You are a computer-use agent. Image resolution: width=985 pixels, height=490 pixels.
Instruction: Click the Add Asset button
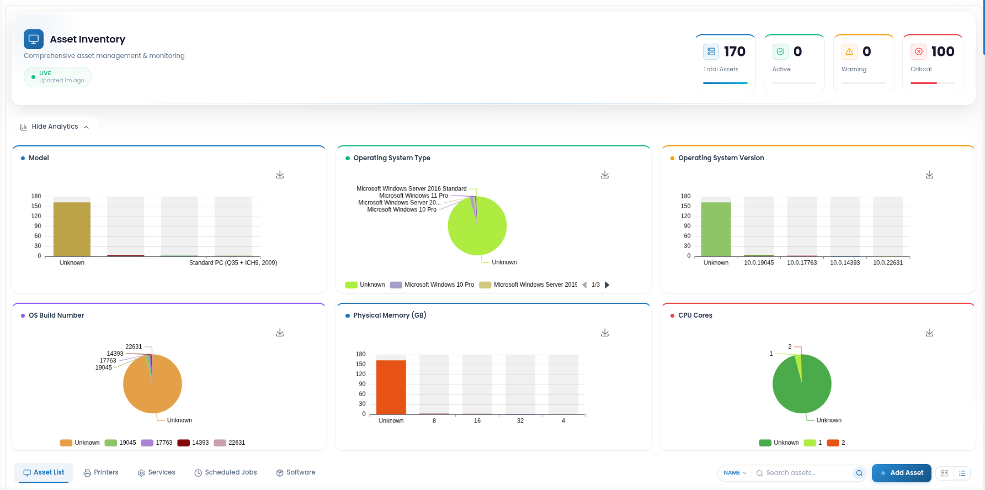point(901,473)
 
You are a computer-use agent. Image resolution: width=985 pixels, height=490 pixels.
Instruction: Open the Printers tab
point(101,472)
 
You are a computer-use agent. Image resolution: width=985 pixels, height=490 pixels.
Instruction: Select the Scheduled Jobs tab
point(226,472)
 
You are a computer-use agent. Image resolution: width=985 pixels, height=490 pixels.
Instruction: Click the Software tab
point(296,472)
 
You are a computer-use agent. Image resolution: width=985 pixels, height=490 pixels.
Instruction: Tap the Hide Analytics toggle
point(55,127)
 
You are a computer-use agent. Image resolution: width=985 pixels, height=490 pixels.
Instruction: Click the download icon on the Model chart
point(280,175)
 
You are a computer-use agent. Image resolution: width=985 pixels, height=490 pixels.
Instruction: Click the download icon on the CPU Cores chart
point(930,333)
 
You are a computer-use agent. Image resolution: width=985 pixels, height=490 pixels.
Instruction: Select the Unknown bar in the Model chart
point(72,229)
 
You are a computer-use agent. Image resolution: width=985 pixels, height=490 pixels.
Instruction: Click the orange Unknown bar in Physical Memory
point(391,387)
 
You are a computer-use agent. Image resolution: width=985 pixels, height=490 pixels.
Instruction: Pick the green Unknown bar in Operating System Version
point(716,229)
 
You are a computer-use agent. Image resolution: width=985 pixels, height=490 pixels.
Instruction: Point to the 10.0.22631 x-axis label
point(888,263)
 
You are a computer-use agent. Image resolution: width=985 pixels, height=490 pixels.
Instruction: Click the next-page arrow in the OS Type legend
point(608,285)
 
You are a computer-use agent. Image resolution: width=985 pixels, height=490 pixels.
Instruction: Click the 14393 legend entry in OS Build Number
point(193,443)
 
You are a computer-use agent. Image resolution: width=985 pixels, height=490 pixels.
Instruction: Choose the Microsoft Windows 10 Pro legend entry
point(432,285)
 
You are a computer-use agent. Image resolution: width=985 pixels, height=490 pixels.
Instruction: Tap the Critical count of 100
point(943,51)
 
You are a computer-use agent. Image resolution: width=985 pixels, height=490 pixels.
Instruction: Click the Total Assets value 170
point(734,51)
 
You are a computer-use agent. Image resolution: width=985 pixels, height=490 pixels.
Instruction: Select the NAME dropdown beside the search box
point(735,473)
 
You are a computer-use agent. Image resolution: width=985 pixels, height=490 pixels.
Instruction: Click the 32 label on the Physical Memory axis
point(520,421)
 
